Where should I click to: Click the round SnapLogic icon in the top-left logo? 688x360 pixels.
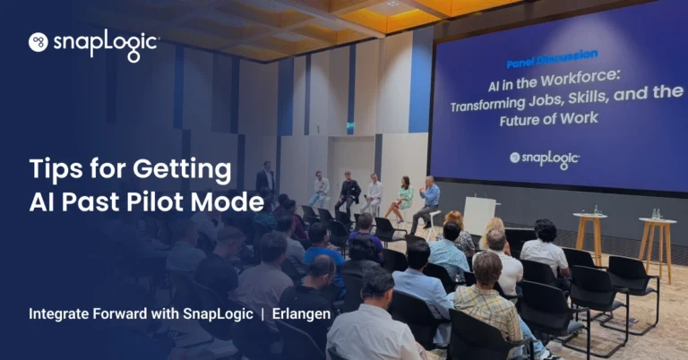(39, 42)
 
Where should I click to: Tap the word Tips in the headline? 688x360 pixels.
(56, 169)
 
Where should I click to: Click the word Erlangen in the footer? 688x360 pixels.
(301, 314)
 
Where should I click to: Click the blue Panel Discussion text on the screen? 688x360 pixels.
(552, 59)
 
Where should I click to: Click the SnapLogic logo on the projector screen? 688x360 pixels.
(545, 159)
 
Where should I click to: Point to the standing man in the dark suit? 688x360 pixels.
(265, 178)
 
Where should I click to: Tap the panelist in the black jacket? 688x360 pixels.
(348, 193)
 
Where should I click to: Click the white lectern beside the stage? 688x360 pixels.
(478, 216)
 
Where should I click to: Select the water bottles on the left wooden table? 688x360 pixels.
(596, 210)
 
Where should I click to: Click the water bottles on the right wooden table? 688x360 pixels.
(656, 214)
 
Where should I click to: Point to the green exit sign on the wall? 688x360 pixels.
(350, 126)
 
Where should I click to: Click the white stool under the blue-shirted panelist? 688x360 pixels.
(433, 225)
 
